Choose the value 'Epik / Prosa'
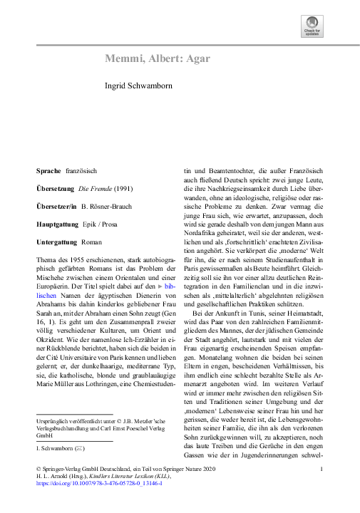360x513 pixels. click(x=106, y=223)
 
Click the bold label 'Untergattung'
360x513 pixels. click(x=57, y=243)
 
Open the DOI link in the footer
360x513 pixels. click(x=99, y=483)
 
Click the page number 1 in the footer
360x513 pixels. click(x=323, y=468)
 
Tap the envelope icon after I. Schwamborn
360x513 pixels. click(x=80, y=450)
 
